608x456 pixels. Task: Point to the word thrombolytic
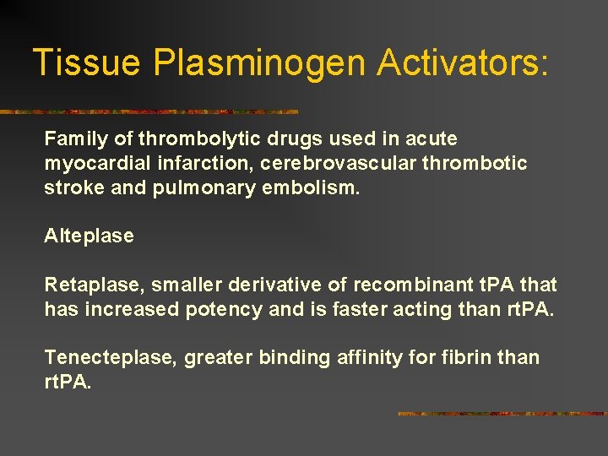coord(187,138)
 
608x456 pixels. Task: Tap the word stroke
coord(74,187)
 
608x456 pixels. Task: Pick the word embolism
coord(317,187)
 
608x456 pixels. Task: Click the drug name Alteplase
coord(89,236)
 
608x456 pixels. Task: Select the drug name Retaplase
coord(93,285)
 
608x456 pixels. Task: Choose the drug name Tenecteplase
coord(108,358)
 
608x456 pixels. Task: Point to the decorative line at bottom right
coord(502,414)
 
